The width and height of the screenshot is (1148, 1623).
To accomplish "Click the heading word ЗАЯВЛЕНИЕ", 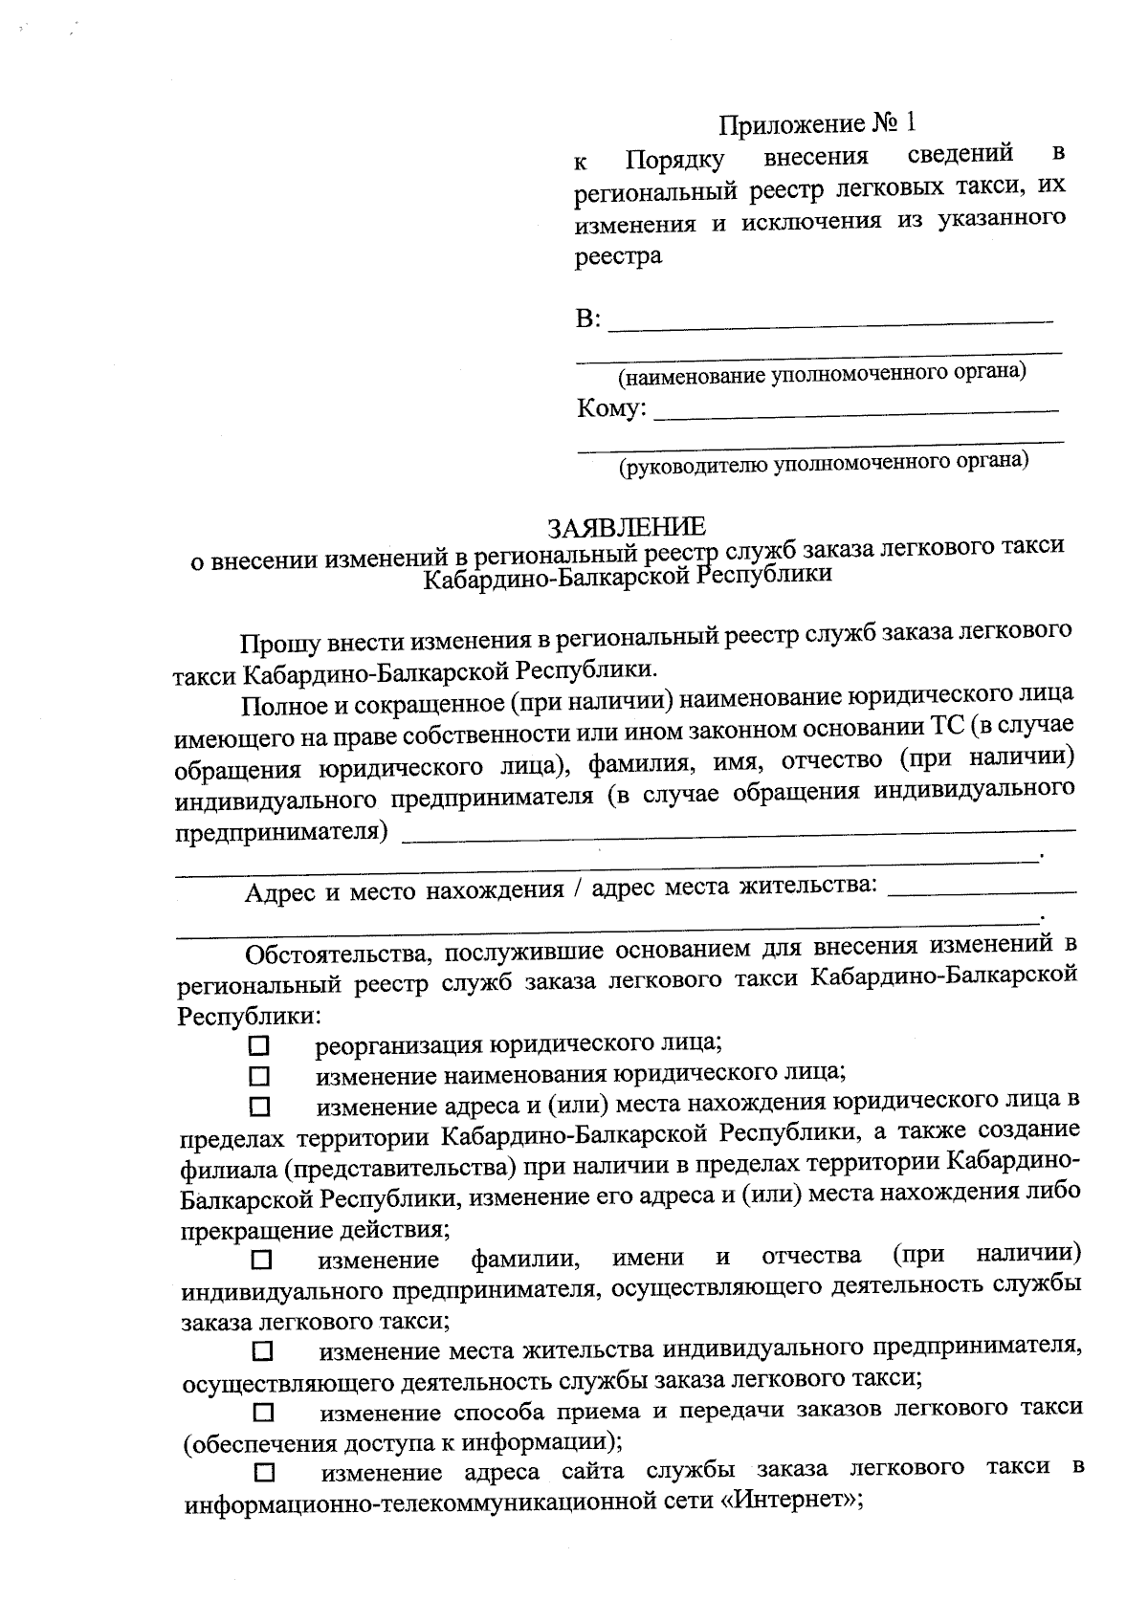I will coord(627,526).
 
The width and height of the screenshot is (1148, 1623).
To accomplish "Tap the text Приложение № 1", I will coord(817,123).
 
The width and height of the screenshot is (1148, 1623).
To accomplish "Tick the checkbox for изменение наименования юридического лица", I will coord(259,1076).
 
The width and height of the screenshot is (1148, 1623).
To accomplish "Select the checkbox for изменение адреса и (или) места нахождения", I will coord(260,1108).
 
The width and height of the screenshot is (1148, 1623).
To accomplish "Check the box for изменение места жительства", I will coord(262,1352).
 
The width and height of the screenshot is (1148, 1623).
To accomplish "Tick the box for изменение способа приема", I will coord(262,1413).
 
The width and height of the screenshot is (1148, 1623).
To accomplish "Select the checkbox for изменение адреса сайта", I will coord(263,1471).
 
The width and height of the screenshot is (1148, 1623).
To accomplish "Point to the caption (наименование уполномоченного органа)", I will coord(822,374).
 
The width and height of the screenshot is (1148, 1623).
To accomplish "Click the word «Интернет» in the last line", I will coord(788,1502).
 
